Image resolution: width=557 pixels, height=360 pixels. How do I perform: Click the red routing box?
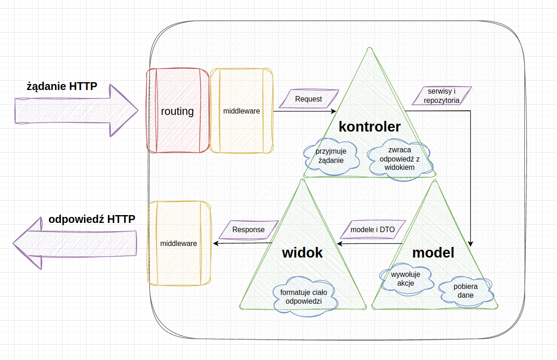pos(177,111)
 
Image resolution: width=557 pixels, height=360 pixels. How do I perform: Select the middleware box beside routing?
pos(241,111)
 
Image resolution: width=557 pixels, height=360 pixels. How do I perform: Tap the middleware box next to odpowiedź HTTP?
pos(179,243)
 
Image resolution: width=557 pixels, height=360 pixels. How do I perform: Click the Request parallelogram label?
pos(309,99)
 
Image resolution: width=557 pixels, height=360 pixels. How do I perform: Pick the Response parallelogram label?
pos(248,229)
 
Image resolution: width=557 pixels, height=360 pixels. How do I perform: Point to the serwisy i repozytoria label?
pos(442,96)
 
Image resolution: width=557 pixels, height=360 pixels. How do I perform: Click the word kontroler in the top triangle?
pos(369,126)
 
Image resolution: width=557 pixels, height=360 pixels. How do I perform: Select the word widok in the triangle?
pos(302,253)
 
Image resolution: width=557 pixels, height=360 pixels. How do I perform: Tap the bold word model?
pos(433,253)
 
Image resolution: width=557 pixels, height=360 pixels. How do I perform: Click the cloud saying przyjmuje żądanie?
pos(331,156)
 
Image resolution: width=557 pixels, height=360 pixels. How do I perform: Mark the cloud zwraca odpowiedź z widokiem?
pos(399,159)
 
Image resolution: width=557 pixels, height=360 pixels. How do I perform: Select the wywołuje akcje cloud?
pos(406,279)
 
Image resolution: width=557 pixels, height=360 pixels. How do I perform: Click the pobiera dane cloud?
pos(466,291)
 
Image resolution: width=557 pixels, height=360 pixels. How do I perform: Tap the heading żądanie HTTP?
pos(62,86)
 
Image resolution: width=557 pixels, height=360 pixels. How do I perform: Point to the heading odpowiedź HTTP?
pos(92,219)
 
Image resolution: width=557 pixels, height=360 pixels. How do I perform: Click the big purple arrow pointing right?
pos(76,110)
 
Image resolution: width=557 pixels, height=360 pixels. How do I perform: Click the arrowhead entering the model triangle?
pos(471,243)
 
